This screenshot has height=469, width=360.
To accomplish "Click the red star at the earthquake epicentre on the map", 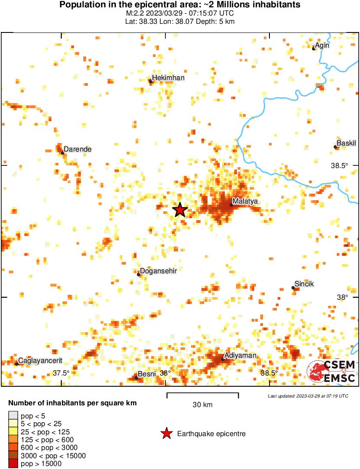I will coord(180,210).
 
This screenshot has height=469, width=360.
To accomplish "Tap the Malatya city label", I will coord(245,201).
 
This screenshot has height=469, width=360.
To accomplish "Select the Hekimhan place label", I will coord(169,78).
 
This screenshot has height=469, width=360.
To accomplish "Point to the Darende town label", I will coord(78,149).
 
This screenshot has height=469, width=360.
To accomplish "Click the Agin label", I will coord(322,45).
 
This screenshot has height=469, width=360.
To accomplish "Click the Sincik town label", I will coord(304,284).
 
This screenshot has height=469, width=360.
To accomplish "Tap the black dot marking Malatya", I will coord(231,205).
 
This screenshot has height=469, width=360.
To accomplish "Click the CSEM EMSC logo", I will coord(331,371).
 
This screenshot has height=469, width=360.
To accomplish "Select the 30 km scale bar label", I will coord(202,405).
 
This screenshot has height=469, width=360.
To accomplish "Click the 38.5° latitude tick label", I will coord(339,165).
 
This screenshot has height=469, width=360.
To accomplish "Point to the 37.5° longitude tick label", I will coord(61,373).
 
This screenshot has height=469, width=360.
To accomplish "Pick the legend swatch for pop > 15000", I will coord(13,464).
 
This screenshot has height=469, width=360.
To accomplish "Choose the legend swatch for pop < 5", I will coord(13,415).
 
